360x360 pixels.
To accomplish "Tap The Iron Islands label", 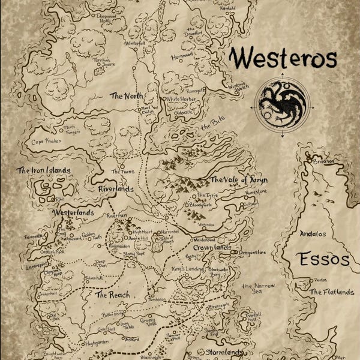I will click(43, 170).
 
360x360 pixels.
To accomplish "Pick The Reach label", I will click(113, 295).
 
